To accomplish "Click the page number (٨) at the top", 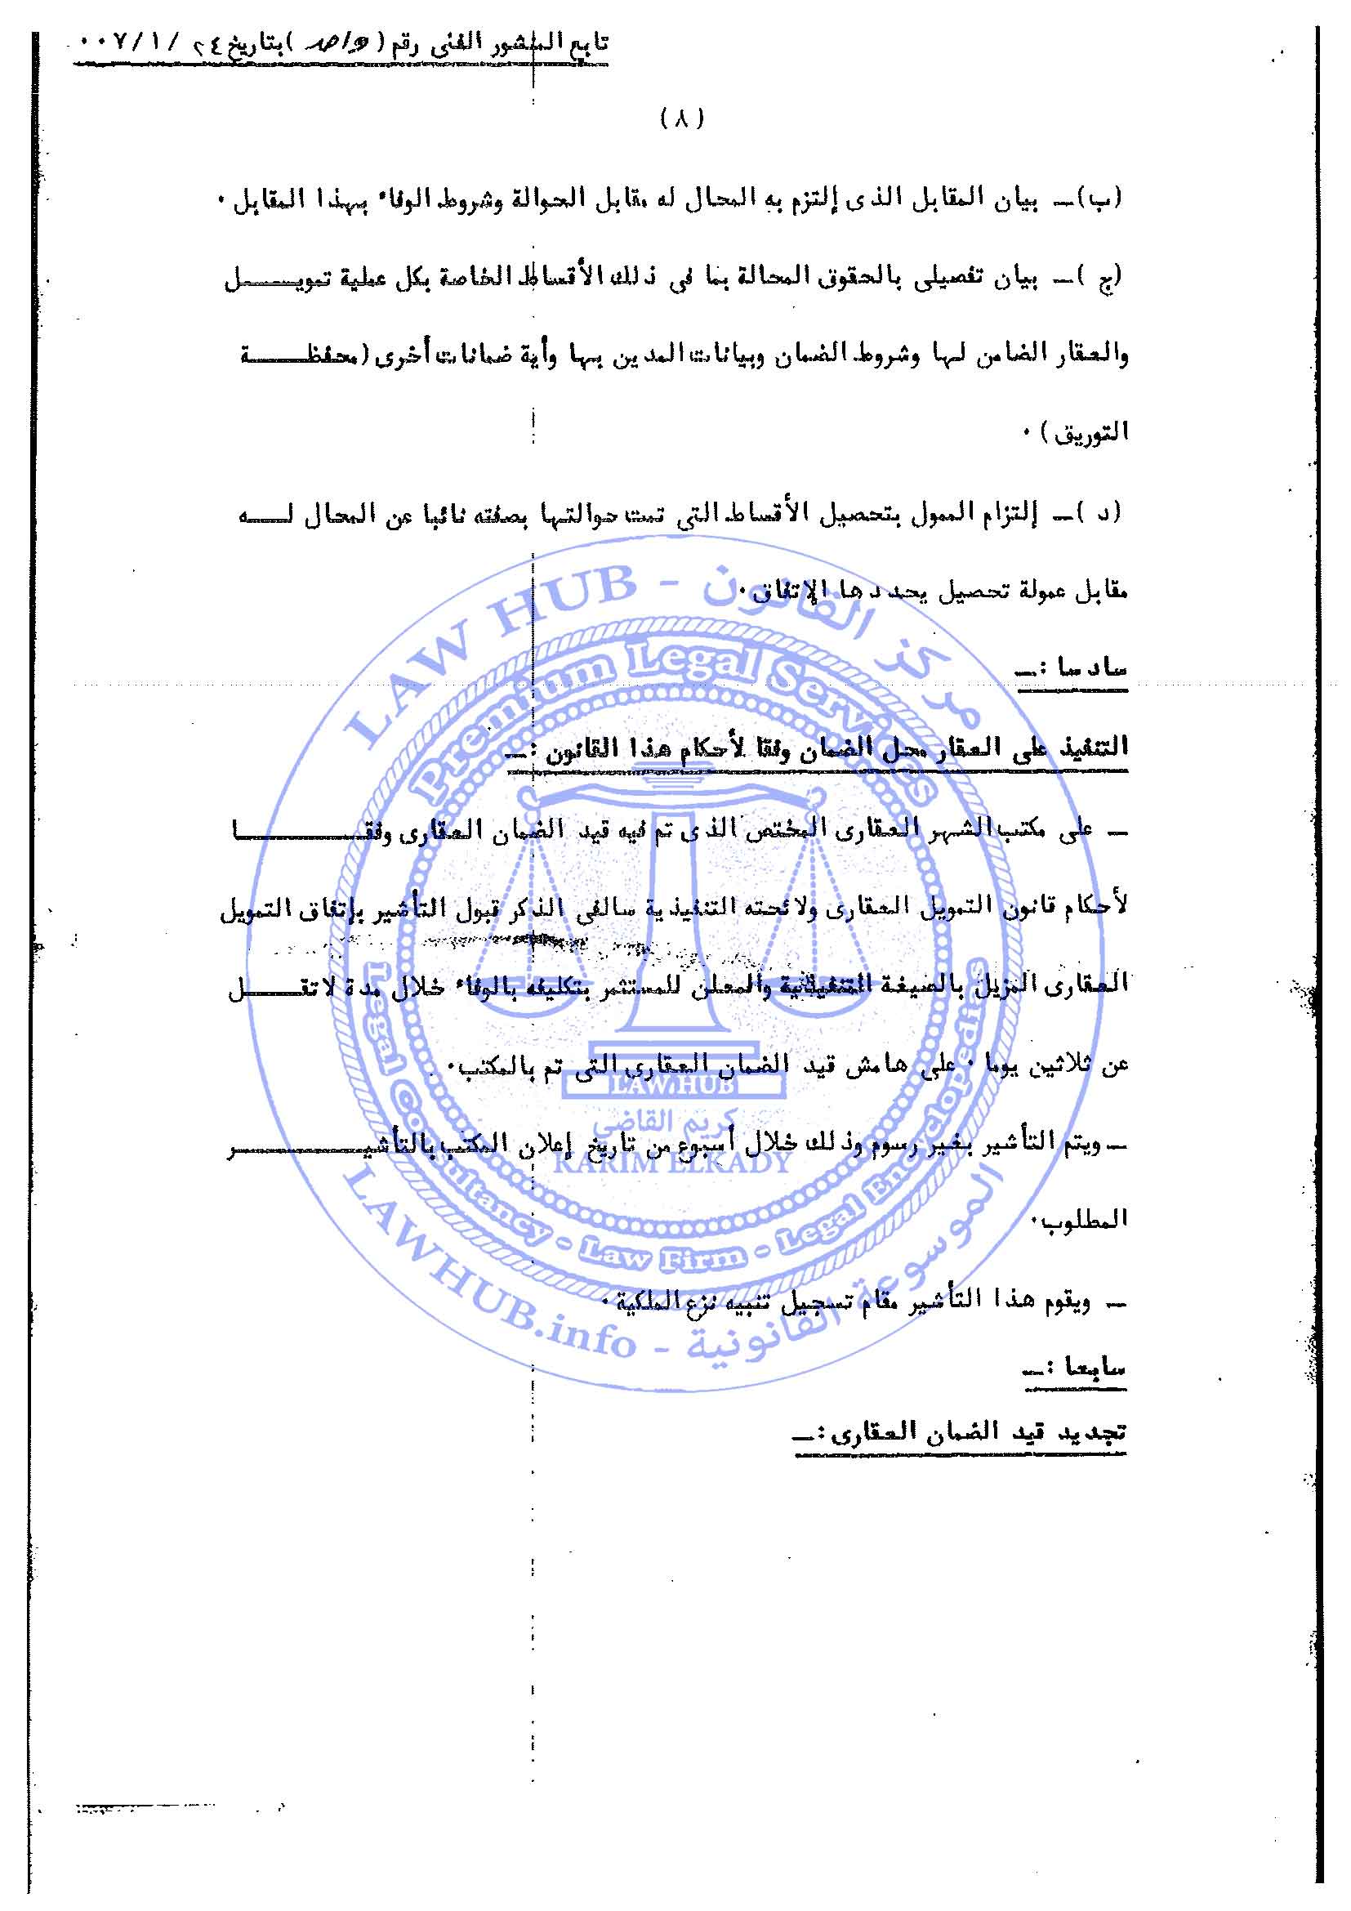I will (x=682, y=119).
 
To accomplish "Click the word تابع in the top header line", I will (x=587, y=43).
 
